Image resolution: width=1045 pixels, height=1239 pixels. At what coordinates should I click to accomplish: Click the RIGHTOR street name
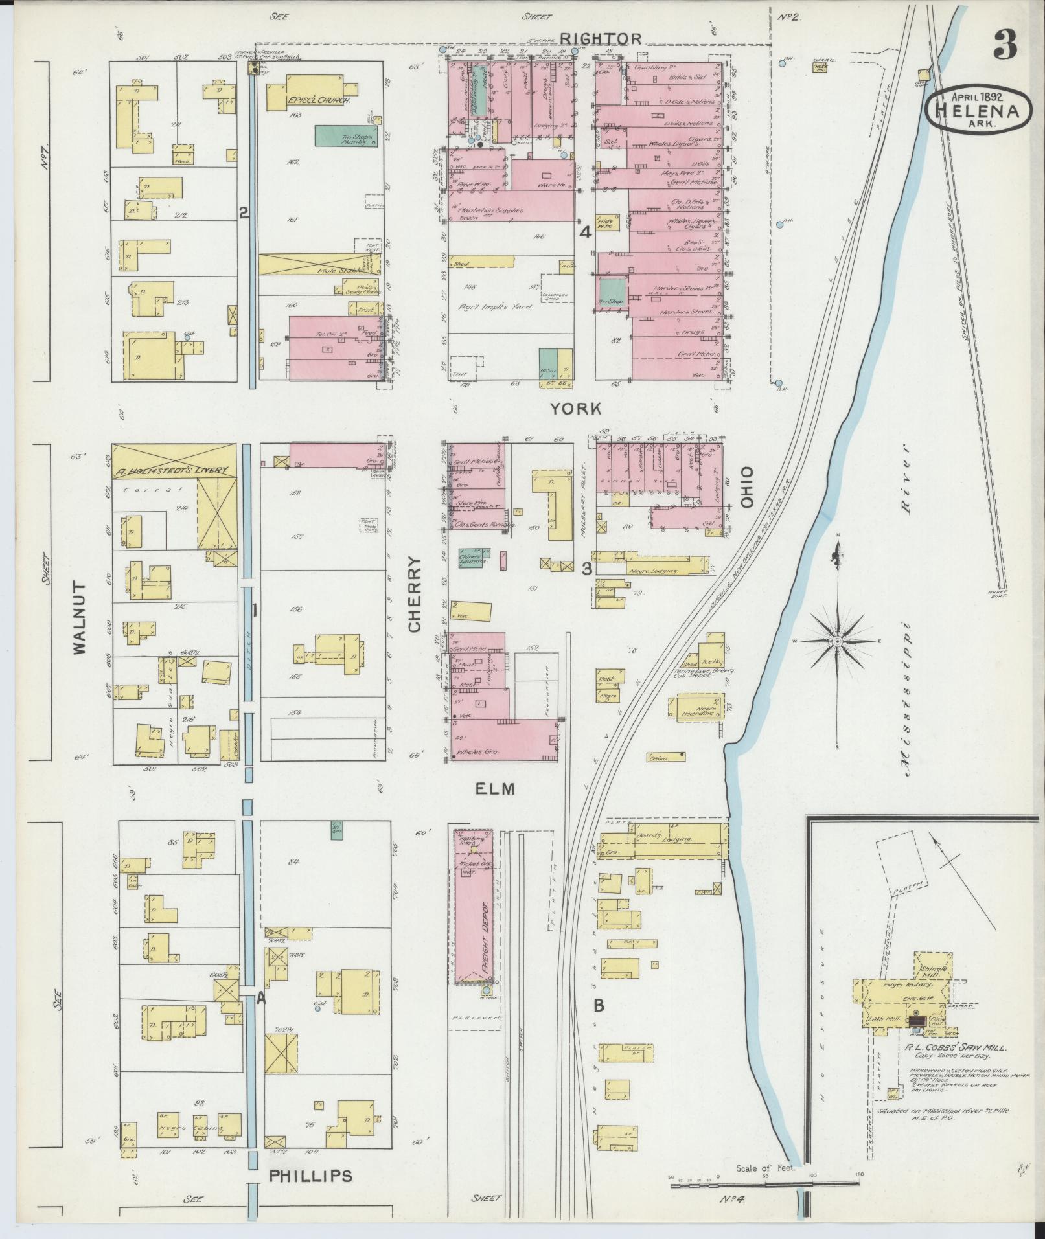point(601,38)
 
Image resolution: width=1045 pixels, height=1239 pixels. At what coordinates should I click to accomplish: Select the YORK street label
point(575,409)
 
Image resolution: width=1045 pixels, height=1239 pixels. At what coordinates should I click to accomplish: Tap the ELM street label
point(494,789)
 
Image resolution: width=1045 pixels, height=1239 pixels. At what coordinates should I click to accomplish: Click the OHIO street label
point(748,486)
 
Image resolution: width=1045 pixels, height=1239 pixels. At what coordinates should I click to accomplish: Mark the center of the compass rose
point(836,641)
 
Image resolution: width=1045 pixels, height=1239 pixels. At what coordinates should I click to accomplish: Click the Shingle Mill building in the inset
point(933,970)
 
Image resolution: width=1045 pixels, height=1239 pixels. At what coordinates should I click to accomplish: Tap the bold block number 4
point(585,233)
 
